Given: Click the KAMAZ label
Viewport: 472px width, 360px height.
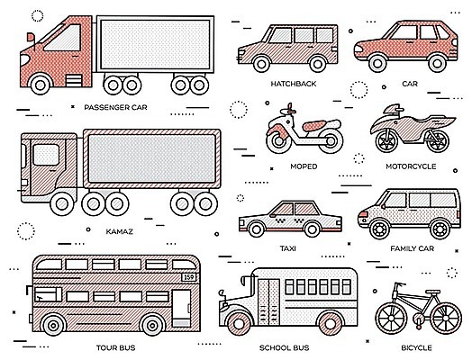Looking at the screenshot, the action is tap(119, 231).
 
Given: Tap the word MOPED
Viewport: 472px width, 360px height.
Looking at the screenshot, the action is tap(304, 166).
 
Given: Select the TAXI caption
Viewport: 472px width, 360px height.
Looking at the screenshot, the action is tap(287, 248).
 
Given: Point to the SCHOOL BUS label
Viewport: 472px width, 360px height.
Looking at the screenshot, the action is tap(284, 348).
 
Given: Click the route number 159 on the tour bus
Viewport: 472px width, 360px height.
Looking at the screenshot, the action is tap(189, 277).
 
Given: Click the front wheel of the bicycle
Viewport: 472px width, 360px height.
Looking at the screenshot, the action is tap(391, 319).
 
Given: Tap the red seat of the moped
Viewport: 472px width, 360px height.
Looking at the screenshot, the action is tap(314, 125).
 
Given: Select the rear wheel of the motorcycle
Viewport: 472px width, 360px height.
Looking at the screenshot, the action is tap(436, 140).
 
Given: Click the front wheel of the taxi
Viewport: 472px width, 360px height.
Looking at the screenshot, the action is tap(257, 229).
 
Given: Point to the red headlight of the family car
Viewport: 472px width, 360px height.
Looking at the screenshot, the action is tap(364, 214).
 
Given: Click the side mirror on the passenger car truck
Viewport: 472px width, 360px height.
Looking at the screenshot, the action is tap(31, 37).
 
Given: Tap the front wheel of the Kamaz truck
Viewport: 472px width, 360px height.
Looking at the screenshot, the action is tap(63, 204).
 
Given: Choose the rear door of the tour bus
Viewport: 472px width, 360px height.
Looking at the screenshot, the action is tap(181, 308).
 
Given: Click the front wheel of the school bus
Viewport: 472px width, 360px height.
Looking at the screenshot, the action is tap(239, 324).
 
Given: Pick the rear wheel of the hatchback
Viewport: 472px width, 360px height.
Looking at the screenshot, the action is tap(317, 64).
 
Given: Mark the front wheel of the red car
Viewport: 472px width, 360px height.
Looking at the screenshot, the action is tap(377, 63).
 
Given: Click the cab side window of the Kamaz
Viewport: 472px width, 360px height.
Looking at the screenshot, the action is tap(46, 155).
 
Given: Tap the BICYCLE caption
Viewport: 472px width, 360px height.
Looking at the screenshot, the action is tap(416, 348).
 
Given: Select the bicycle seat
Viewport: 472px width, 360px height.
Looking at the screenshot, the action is tap(433, 292).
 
